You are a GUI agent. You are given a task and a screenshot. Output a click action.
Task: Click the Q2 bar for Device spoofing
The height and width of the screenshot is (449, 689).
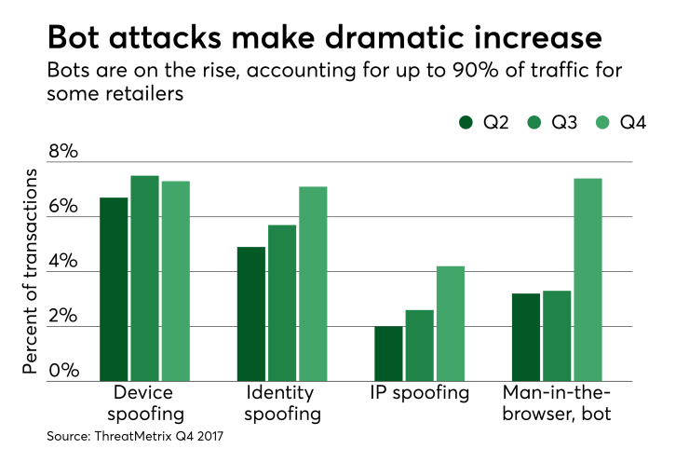(115, 289)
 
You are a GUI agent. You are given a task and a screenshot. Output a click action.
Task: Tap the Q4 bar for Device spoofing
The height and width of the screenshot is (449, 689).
(175, 280)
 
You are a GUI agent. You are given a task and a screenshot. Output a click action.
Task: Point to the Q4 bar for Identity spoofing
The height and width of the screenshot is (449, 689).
(312, 283)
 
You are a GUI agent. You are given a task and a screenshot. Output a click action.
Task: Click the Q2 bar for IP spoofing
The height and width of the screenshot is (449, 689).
(388, 353)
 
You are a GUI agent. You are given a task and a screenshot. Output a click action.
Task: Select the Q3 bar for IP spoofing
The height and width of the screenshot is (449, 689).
(419, 345)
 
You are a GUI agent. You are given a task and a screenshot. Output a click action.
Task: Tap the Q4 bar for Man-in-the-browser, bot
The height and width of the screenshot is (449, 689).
(587, 279)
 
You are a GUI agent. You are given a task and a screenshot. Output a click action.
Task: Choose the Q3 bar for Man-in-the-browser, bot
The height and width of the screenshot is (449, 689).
(556, 335)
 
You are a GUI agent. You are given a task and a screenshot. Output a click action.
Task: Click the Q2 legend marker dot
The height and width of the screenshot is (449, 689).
(466, 123)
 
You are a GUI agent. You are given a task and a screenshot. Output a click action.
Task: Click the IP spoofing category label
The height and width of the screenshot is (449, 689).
(419, 392)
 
